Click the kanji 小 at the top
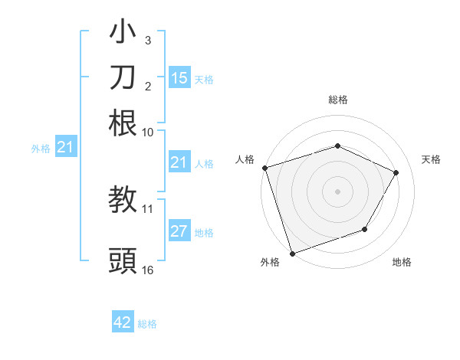(123, 34)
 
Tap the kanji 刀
(123, 77)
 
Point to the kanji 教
(123, 200)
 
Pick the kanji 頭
(123, 260)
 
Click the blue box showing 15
(179, 77)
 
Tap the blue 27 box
(179, 231)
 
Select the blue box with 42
(123, 322)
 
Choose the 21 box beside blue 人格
(179, 162)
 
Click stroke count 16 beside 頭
(148, 270)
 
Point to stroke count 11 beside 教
(148, 208)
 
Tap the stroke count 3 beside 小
(148, 40)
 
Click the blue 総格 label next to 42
(147, 324)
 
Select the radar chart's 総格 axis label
(338, 100)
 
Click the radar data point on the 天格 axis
(396, 172)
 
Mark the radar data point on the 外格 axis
(292, 254)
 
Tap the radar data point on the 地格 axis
(365, 229)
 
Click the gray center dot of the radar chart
(337, 191)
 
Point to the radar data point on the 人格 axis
(264, 168)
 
